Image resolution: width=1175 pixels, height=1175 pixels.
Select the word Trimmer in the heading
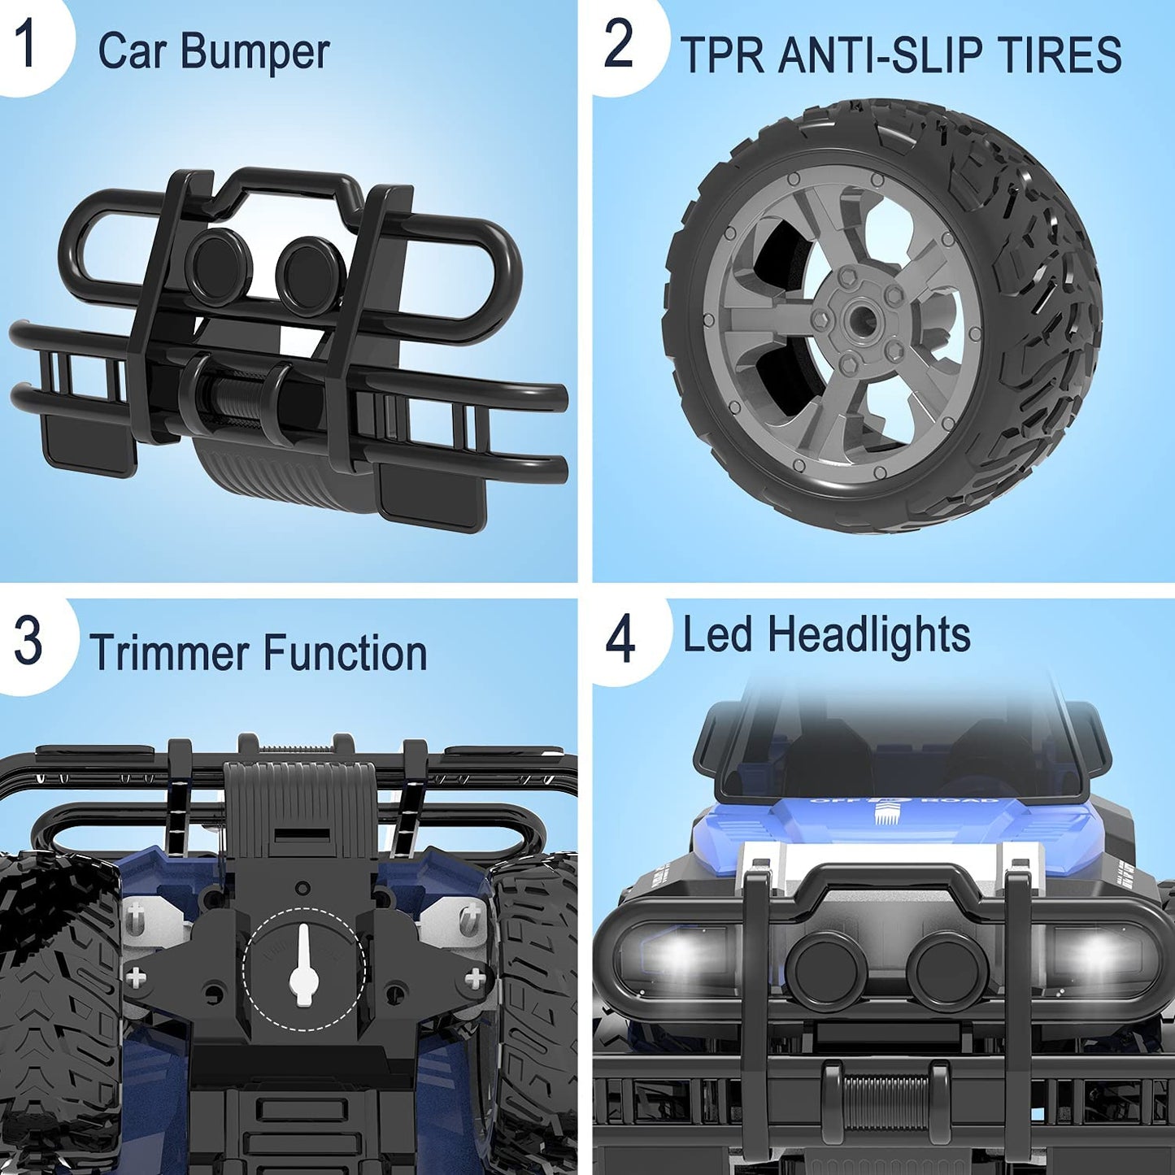[170, 652]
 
